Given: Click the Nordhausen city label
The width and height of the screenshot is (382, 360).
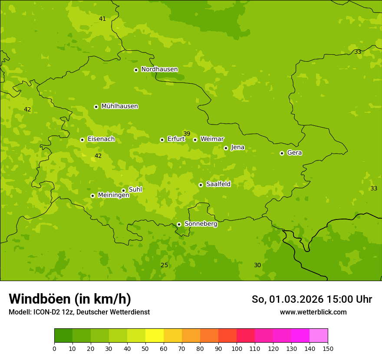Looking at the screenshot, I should pyautogui.click(x=159, y=69).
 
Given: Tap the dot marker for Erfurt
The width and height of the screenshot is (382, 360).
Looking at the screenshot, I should pyautogui.click(x=162, y=140).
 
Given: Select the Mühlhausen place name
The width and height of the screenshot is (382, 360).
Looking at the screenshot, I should pyautogui.click(x=119, y=106).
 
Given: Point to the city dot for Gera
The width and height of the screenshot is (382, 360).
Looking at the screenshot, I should pyautogui.click(x=282, y=153).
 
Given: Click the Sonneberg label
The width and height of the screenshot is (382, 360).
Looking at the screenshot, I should pyautogui.click(x=201, y=224).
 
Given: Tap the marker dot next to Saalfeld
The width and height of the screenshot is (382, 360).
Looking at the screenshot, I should pyautogui.click(x=201, y=185).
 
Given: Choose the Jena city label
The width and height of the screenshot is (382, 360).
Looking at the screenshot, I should pyautogui.click(x=237, y=147).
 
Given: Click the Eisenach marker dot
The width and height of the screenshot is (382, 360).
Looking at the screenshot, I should pyautogui.click(x=82, y=140).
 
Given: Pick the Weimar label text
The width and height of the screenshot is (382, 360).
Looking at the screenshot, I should pyautogui.click(x=212, y=139).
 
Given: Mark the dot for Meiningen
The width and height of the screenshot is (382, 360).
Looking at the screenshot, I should pyautogui.click(x=92, y=196).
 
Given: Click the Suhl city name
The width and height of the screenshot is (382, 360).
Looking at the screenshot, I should pyautogui.click(x=135, y=190).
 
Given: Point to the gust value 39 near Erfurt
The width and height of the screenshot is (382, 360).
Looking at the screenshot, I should pyautogui.click(x=187, y=134).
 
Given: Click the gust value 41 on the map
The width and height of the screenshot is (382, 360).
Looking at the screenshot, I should pyautogui.click(x=102, y=19).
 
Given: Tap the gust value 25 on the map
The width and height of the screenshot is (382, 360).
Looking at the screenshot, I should pyautogui.click(x=164, y=265).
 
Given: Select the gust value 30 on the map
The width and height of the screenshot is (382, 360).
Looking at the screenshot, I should pyautogui.click(x=257, y=265).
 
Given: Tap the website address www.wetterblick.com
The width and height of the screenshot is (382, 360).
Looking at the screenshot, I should pyautogui.click(x=313, y=312).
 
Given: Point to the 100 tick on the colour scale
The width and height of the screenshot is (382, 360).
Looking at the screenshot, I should pyautogui.click(x=237, y=348).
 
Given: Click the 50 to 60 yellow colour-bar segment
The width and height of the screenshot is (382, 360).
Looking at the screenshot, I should pyautogui.click(x=155, y=336).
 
